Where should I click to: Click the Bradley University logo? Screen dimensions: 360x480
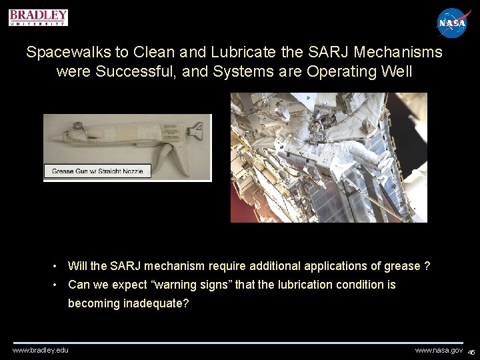(38, 17)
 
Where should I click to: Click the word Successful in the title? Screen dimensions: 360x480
(130, 71)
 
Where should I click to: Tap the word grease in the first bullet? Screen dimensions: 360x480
(402, 267)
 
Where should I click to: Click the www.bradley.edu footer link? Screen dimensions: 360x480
(41, 351)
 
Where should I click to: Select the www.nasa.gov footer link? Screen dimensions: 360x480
(438, 351)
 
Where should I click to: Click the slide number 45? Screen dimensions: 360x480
(471, 352)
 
